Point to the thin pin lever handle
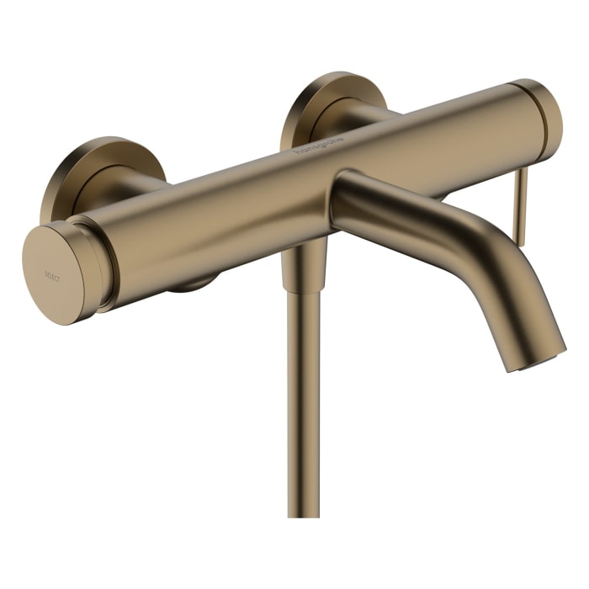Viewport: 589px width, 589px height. click(521, 206)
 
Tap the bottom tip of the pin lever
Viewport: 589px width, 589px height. click(519, 243)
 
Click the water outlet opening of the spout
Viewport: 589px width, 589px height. click(539, 363)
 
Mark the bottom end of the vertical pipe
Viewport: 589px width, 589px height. click(303, 512)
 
